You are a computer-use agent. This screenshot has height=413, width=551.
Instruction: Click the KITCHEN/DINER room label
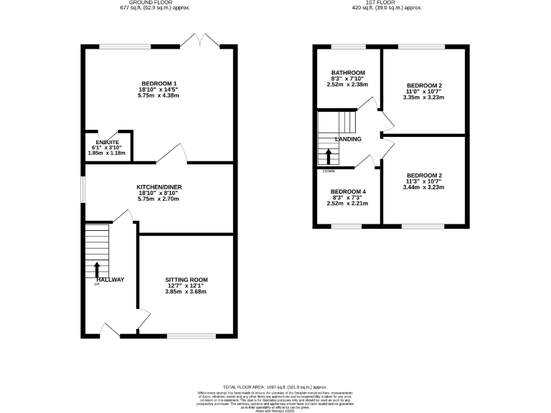coord(159,187)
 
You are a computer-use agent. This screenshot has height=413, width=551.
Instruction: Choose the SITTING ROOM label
coord(186,279)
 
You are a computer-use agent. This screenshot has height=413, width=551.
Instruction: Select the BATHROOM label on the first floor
coord(348,72)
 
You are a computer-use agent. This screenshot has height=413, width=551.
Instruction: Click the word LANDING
coord(347,139)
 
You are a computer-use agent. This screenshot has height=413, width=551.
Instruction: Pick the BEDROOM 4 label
coord(348,191)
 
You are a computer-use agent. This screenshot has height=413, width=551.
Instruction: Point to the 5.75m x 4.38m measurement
coord(159,97)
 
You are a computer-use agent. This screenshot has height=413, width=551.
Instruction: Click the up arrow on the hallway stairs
coord(97,270)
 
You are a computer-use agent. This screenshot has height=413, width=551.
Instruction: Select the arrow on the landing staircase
coord(329,156)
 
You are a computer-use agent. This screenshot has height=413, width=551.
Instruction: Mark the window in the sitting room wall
coord(191,336)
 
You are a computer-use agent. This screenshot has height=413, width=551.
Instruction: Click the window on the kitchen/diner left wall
coord(82,189)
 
